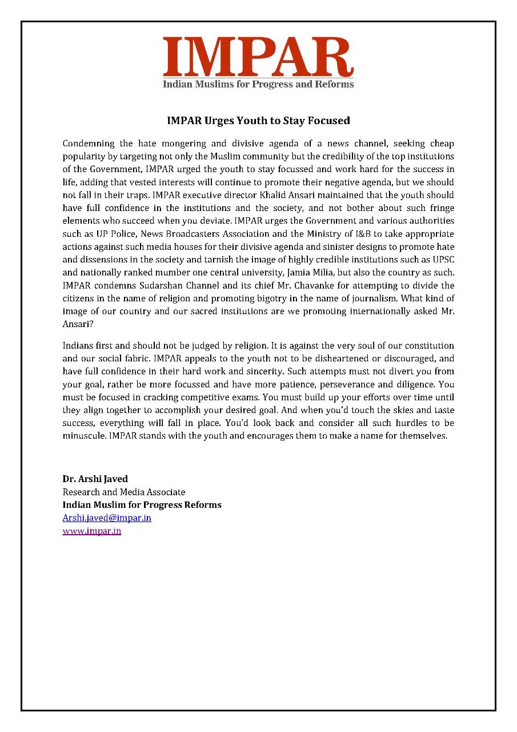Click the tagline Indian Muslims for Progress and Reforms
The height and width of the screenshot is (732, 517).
[258, 85]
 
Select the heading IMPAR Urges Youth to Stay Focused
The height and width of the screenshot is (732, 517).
[258, 121]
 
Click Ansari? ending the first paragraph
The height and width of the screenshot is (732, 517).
[78, 324]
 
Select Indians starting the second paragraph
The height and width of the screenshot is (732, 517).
[79, 346]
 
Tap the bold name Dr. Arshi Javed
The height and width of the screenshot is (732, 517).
[95, 479]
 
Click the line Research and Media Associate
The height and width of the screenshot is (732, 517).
[123, 492]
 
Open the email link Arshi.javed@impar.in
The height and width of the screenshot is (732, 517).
[106, 518]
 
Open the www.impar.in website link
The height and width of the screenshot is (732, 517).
[91, 531]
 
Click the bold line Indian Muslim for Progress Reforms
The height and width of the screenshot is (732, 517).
[142, 505]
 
